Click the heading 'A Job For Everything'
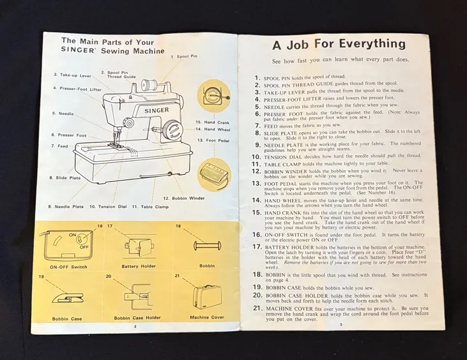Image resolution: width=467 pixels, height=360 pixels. tap(339, 45)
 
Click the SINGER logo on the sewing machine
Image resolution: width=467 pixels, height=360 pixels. tap(156, 110)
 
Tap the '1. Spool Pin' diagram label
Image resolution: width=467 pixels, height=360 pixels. tap(183, 56)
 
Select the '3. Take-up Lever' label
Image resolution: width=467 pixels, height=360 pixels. tap(72, 75)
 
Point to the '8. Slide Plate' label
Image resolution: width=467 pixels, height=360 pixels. tap(65, 177)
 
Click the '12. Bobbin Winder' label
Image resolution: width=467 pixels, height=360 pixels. tap(185, 198)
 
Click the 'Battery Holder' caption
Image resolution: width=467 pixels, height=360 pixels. tap(139, 267)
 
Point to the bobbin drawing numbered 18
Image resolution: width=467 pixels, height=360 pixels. tap(206, 247)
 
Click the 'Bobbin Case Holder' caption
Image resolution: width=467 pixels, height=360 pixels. tap(137, 317)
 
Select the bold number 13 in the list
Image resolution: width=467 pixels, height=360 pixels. tap(256, 183)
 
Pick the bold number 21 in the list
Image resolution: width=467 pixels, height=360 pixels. tap(256, 308)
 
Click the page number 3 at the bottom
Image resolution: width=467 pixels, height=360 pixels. tap(341, 325)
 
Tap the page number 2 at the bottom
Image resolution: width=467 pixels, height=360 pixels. tap(135, 326)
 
